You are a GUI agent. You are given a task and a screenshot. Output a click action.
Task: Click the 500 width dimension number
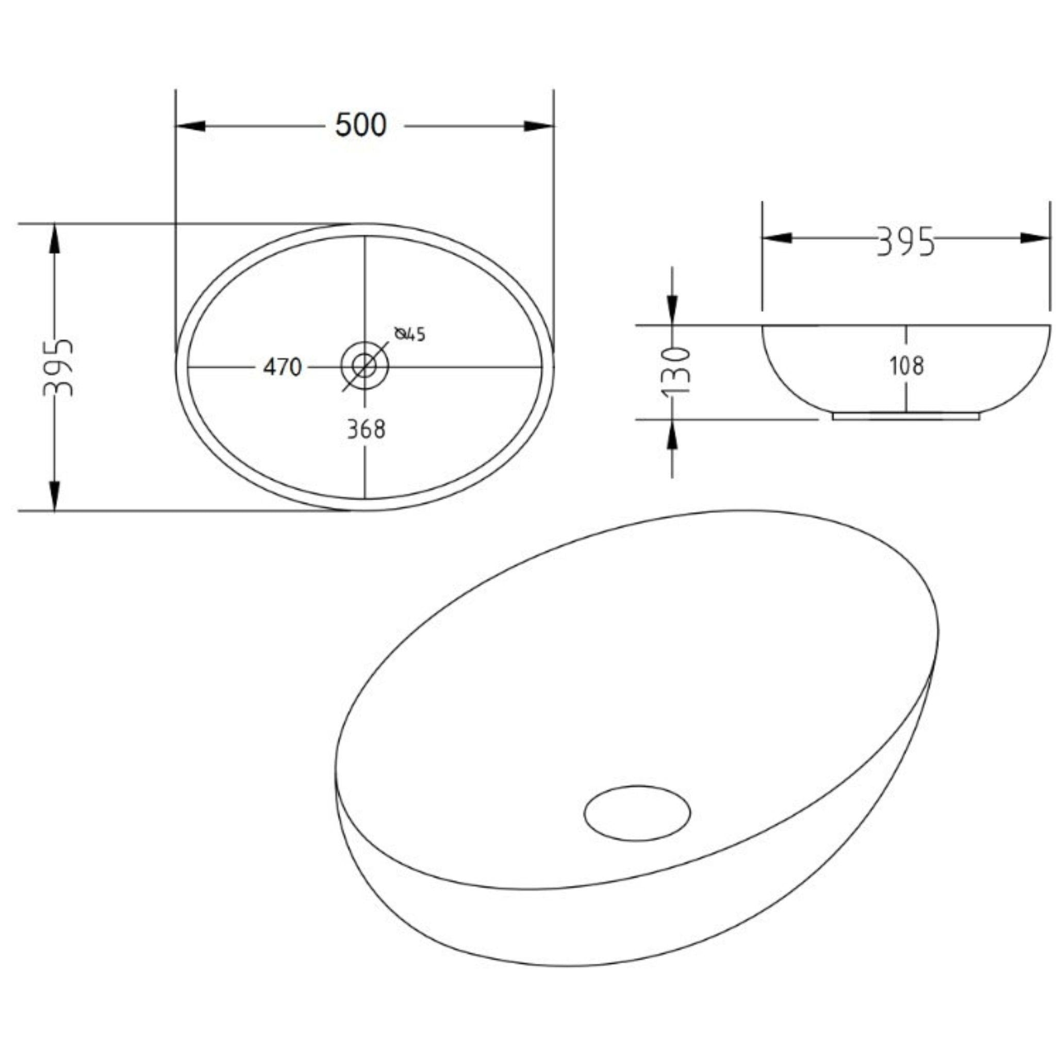click(361, 125)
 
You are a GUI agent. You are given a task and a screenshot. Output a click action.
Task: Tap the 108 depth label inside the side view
click(907, 366)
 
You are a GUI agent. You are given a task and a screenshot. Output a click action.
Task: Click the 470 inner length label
click(282, 367)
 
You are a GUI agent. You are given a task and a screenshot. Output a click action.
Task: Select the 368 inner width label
click(366, 430)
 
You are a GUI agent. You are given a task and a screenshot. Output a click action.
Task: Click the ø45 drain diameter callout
click(410, 334)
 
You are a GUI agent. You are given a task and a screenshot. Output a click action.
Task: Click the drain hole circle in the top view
click(364, 365)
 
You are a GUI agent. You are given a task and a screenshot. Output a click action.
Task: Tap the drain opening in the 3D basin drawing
click(637, 813)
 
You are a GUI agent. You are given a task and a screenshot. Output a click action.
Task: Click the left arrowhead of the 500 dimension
click(191, 126)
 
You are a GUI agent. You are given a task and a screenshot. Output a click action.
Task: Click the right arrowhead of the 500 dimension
click(538, 126)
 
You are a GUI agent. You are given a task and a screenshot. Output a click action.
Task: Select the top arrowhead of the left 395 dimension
click(54, 238)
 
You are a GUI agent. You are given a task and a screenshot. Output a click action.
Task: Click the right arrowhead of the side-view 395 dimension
click(1035, 238)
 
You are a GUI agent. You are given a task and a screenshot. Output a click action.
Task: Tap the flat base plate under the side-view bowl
click(905, 417)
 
